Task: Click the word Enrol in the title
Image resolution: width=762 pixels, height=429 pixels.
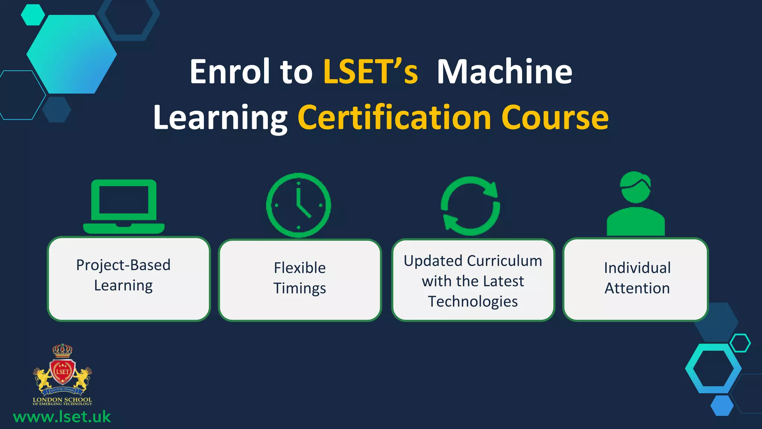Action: pos(230,71)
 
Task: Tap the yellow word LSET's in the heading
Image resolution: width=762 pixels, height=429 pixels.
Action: pos(371,71)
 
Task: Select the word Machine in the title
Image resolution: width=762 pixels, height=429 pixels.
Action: pos(504,71)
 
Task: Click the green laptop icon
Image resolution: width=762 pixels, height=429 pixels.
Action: pos(124,207)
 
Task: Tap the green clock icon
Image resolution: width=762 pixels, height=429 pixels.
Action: pos(298,205)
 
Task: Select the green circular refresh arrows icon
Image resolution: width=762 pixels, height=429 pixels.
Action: pos(470,206)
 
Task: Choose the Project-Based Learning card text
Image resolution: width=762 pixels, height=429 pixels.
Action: pos(123,275)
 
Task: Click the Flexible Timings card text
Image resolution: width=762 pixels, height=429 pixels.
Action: pos(300,278)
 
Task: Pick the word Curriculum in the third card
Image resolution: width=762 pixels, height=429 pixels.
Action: pos(505,261)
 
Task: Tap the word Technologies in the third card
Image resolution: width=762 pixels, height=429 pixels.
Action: pos(473,301)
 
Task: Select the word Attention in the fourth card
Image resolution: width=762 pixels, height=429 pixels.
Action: pos(637,288)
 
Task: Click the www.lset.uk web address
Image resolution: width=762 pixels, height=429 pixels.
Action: pos(62,417)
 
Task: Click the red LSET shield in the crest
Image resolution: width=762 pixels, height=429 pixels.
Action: pos(63,372)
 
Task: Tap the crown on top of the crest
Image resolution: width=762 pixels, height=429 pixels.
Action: pos(62,350)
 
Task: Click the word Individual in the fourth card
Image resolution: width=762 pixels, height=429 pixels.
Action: pos(637,268)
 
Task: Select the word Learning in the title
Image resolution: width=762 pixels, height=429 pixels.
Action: pos(220,118)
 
